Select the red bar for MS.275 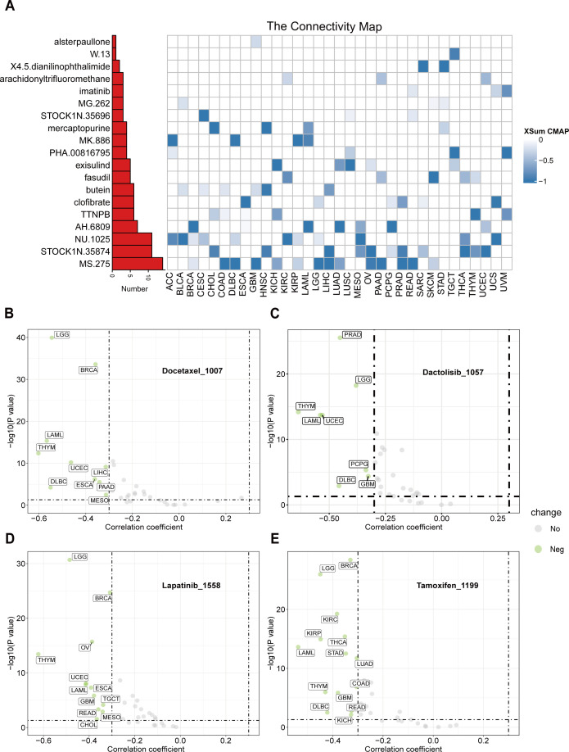click(x=137, y=263)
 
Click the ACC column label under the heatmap click(x=173, y=286)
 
